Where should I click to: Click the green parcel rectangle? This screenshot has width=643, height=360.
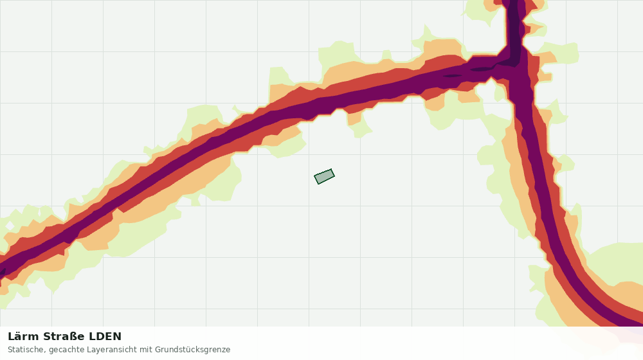point(324,176)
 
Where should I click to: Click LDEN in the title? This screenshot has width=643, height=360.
point(105,336)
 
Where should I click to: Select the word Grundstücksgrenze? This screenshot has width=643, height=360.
point(193,350)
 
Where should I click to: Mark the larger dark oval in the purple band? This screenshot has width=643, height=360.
point(482,69)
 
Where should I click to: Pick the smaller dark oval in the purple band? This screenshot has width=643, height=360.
point(452,75)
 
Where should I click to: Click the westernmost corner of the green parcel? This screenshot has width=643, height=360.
point(314,176)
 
